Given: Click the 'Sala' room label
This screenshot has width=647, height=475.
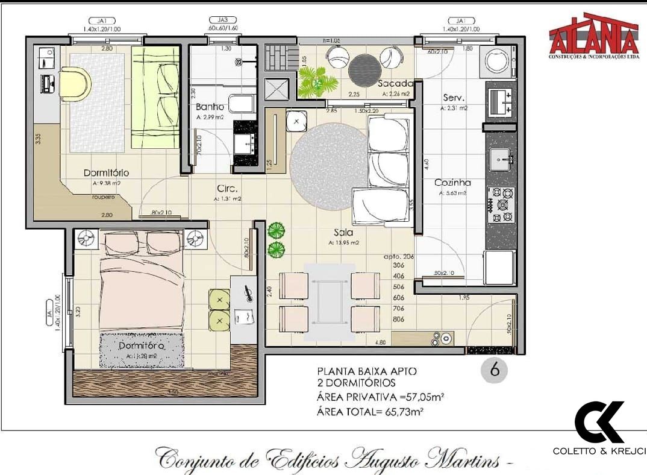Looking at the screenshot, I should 344,232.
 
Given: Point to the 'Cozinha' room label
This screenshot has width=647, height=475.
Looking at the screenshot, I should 452,183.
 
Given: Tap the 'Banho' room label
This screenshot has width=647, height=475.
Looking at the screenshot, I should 210,107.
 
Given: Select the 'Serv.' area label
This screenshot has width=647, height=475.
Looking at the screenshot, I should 453,98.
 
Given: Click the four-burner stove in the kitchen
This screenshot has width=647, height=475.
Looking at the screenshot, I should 501,206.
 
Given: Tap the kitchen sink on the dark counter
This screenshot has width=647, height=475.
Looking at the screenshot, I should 501,159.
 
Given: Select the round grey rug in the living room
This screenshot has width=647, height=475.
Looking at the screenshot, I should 327,162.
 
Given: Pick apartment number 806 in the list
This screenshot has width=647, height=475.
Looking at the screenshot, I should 398,319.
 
